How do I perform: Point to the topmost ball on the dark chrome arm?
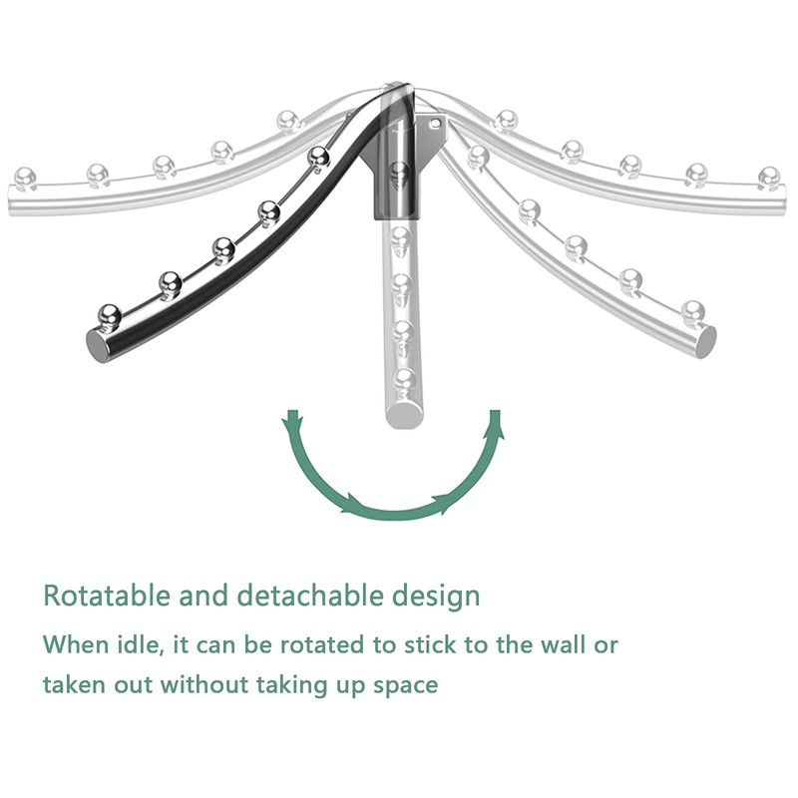click(318, 156)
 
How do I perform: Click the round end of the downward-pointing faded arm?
click(402, 412)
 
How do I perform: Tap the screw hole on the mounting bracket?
click(436, 124)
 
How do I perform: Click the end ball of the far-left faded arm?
click(24, 177)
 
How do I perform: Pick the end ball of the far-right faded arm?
click(767, 177)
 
